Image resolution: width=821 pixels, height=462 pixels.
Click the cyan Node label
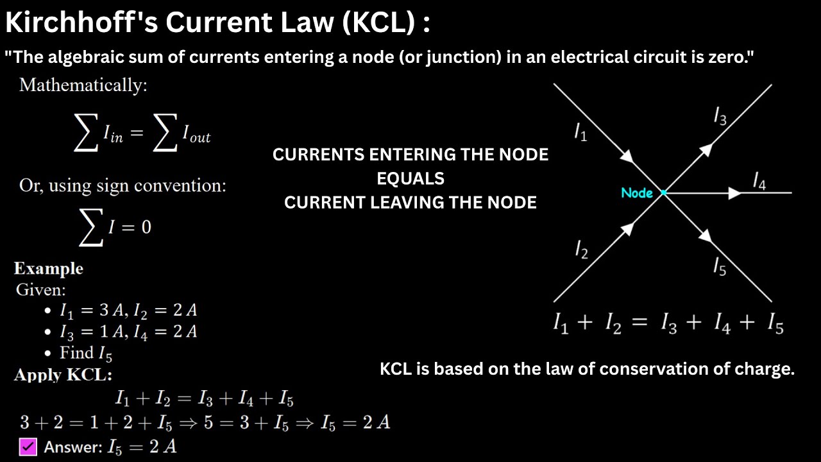[636, 193]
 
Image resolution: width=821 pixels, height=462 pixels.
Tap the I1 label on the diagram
[580, 133]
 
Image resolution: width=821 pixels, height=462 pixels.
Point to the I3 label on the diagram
[720, 116]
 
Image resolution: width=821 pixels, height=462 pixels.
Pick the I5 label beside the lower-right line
[720, 266]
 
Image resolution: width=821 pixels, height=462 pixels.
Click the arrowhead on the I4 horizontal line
[734, 193]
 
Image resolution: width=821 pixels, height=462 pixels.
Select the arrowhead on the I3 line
[706, 150]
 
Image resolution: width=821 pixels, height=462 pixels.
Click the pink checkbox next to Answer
[28, 447]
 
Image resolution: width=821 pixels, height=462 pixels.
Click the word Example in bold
[49, 268]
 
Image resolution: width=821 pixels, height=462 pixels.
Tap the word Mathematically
[83, 85]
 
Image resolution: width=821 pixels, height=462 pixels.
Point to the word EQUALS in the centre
[410, 178]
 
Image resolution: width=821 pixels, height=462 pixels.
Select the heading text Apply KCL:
[63, 375]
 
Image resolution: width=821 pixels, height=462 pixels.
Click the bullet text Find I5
[86, 353]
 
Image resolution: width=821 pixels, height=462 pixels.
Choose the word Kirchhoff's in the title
[81, 23]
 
